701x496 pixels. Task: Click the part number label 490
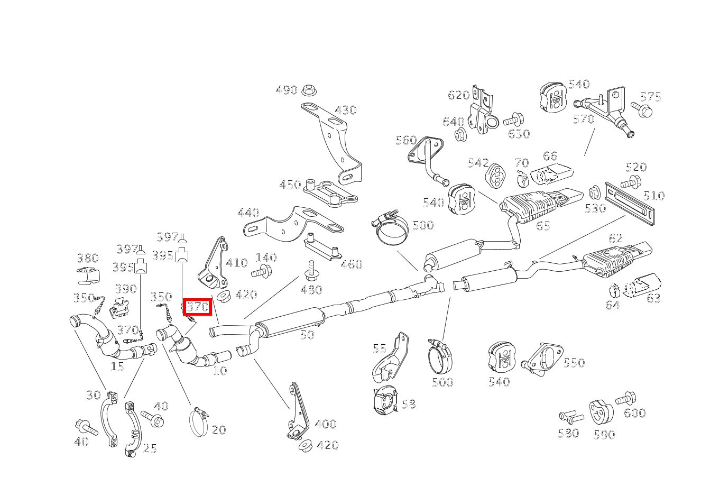click(286, 90)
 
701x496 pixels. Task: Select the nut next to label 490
click(308, 90)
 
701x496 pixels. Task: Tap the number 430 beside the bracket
click(346, 111)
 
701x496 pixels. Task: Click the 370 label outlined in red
click(198, 307)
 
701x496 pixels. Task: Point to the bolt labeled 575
click(641, 111)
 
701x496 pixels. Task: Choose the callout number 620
click(458, 95)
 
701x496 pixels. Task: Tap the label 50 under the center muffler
click(307, 335)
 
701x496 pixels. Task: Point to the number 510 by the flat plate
click(653, 196)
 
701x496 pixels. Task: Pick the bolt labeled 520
click(630, 182)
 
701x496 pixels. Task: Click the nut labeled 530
click(594, 192)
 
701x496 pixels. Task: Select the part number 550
click(574, 363)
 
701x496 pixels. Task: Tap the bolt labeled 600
click(627, 399)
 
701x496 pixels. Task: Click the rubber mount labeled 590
click(601, 412)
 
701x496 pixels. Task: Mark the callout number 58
click(409, 405)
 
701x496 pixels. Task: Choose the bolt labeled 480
click(310, 271)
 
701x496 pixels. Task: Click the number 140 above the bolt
click(266, 258)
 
